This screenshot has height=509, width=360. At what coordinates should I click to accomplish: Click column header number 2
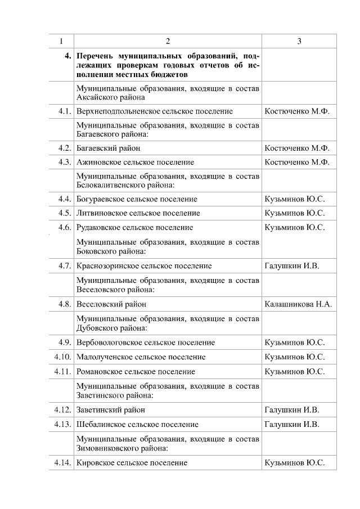point(168,41)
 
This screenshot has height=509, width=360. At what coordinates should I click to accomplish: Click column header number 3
point(299,41)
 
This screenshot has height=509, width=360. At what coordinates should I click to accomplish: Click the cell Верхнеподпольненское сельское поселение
point(155,111)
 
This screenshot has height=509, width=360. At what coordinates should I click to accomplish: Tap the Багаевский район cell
point(109,148)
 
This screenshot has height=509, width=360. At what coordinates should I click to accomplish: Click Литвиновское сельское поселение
point(138,213)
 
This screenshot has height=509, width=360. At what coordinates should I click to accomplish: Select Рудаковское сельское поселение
point(135,228)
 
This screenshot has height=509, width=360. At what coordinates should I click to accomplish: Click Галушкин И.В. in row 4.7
point(291,266)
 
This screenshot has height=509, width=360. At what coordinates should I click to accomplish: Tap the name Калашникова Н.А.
point(298,304)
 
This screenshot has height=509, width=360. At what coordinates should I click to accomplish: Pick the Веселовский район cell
point(111,304)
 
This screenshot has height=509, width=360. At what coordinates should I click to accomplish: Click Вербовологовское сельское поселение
point(146,343)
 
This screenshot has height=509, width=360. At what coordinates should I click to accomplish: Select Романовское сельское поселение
point(136,372)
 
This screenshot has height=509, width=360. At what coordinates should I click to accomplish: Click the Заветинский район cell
point(111,410)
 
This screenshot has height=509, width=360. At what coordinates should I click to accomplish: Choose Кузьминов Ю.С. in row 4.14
point(294,463)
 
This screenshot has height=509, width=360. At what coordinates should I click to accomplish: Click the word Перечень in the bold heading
point(94,56)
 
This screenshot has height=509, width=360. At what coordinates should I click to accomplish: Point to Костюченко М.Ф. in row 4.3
point(296,163)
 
